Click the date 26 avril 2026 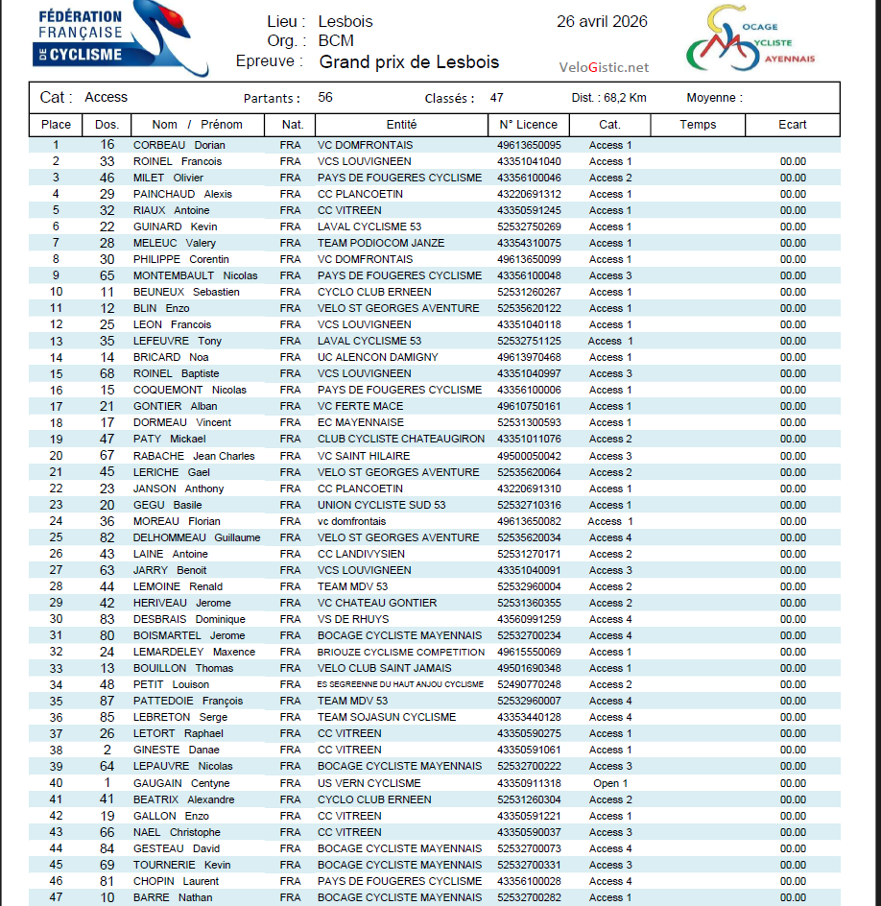pyautogui.click(x=602, y=22)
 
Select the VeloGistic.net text pyautogui.click(x=604, y=67)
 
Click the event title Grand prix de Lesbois pyautogui.click(x=409, y=62)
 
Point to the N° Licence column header pyautogui.click(x=528, y=125)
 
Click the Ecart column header pyautogui.click(x=793, y=125)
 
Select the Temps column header pyautogui.click(x=698, y=125)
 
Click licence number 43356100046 pyautogui.click(x=529, y=178)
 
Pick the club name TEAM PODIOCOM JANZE pyautogui.click(x=381, y=243)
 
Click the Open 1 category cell pyautogui.click(x=610, y=783)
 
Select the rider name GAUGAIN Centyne pyautogui.click(x=181, y=783)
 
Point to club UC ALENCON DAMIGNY pyautogui.click(x=377, y=357)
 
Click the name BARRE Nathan pyautogui.click(x=173, y=897)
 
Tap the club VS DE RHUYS pyautogui.click(x=354, y=619)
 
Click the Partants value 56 pyautogui.click(x=325, y=98)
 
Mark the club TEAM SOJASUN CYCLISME pyautogui.click(x=387, y=717)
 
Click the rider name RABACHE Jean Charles pyautogui.click(x=194, y=456)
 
